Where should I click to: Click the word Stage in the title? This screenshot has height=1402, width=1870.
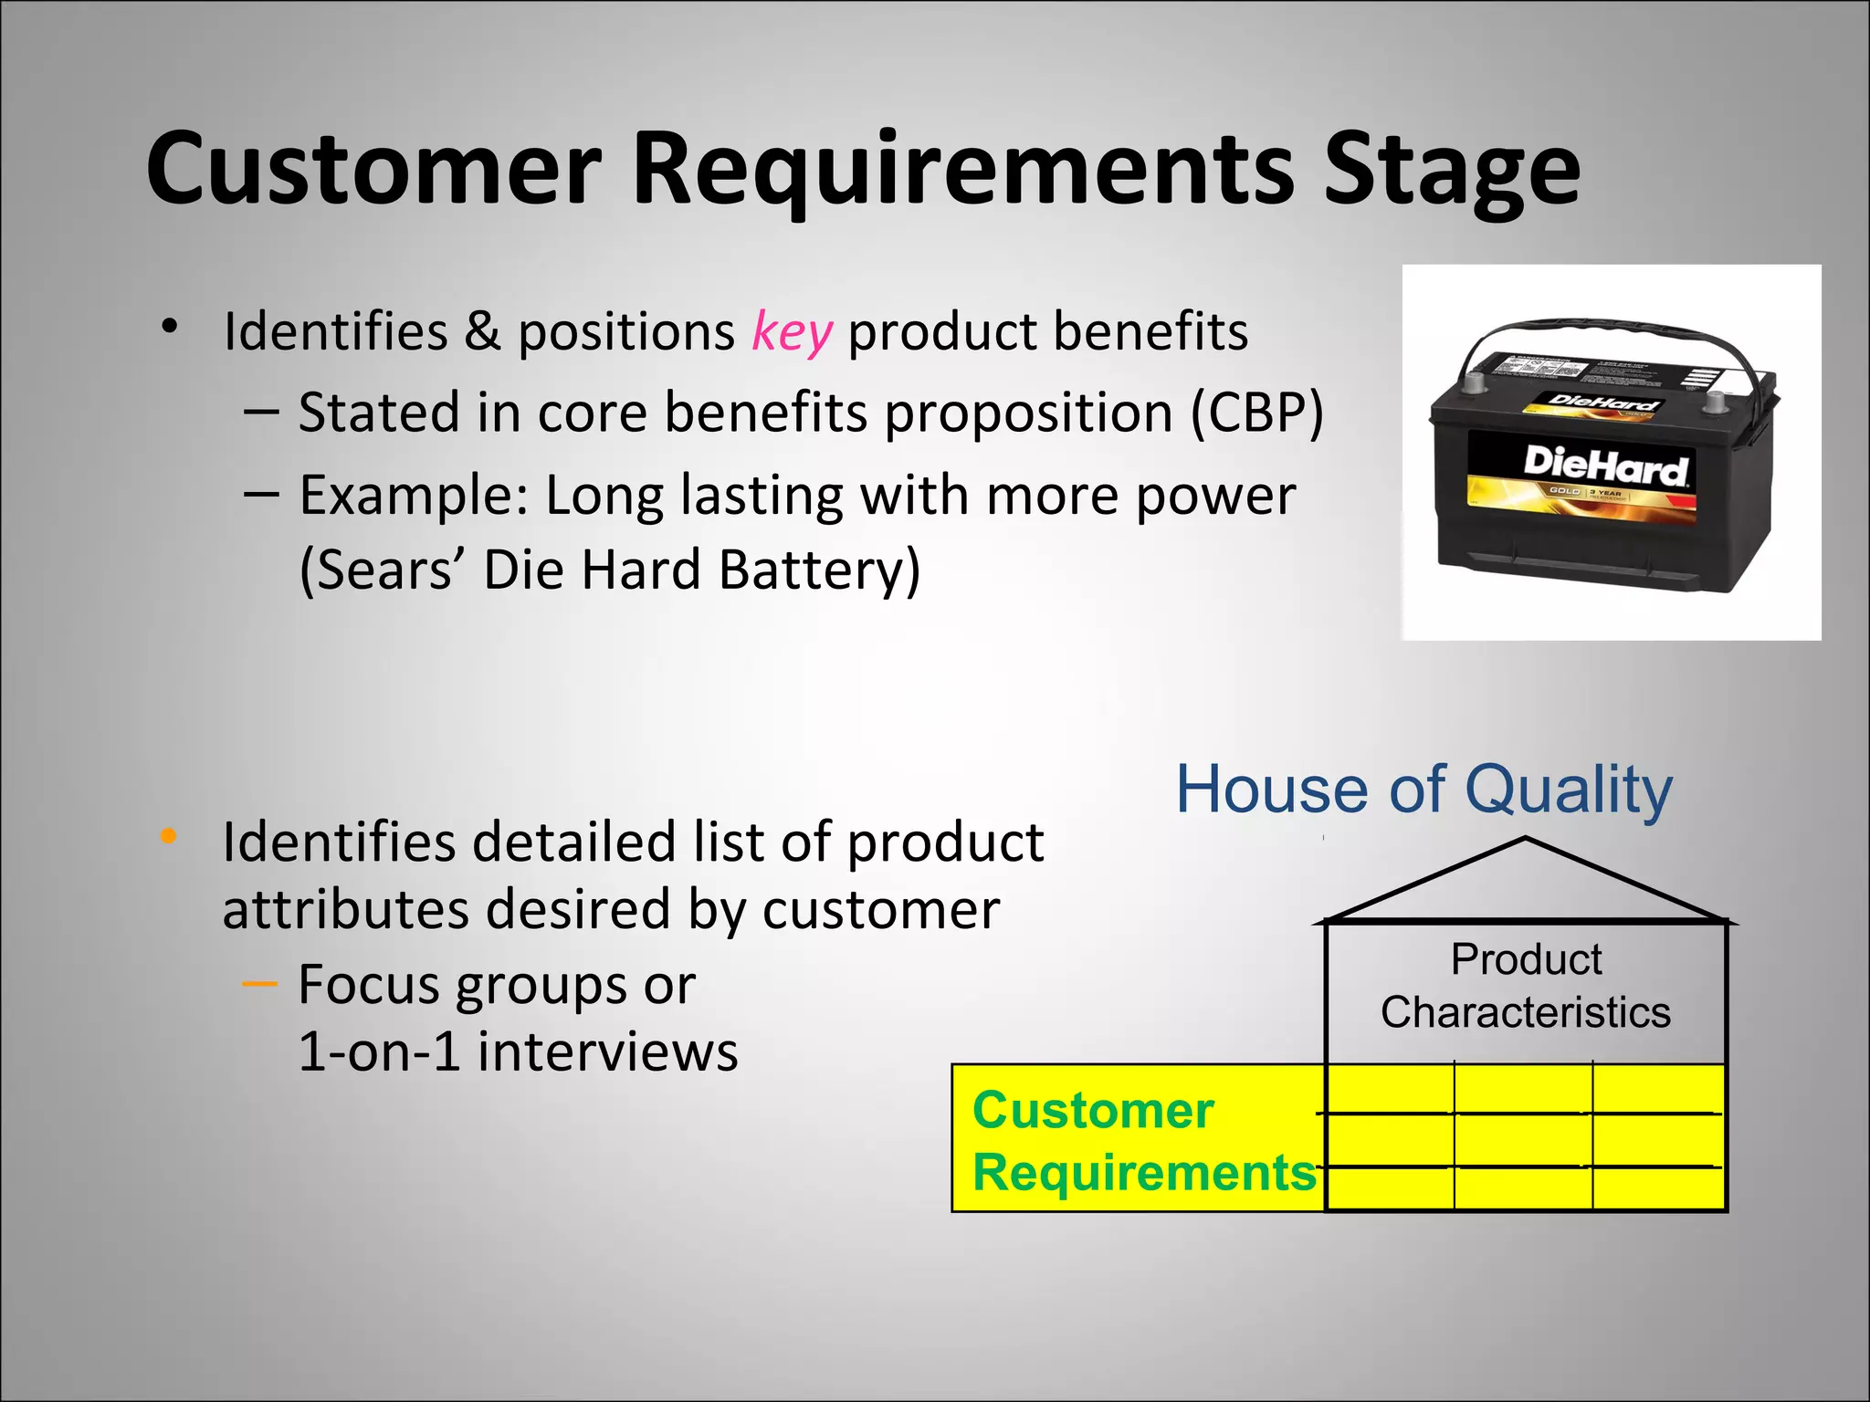click(1452, 169)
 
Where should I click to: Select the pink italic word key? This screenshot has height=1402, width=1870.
click(792, 331)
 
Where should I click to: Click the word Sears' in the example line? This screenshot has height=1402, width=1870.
click(383, 570)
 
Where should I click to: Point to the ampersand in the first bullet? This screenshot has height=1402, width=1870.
click(482, 331)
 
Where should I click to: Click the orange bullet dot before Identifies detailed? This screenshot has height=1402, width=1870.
click(168, 835)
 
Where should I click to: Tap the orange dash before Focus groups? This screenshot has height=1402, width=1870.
click(259, 984)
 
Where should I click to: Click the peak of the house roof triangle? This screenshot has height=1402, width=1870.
click(1526, 839)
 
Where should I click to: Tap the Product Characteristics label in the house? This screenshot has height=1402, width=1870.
click(1526, 986)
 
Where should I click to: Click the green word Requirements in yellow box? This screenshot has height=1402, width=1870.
click(1145, 1172)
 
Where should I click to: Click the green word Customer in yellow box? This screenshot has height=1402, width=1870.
click(1093, 1110)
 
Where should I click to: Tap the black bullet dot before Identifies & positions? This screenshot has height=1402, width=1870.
click(168, 327)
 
